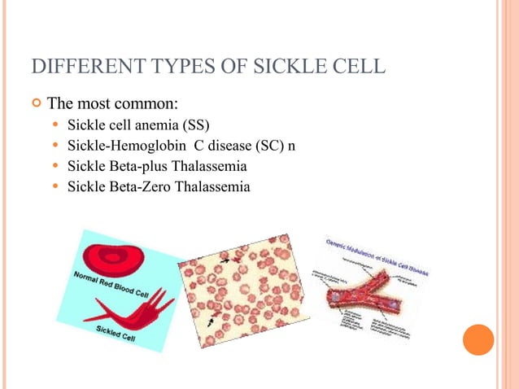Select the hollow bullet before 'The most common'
click(x=36, y=103)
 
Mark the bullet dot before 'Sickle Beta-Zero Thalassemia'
click(x=55, y=186)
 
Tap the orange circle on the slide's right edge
click(x=478, y=339)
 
